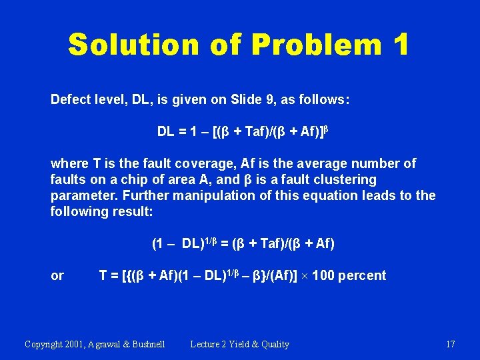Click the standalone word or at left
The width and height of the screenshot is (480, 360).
57,275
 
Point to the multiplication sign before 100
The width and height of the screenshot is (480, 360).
307,276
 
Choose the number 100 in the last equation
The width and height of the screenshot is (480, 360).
325,275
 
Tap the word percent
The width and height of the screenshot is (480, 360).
362,275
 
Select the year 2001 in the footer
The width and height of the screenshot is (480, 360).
80,344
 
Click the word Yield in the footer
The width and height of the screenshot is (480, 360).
239,344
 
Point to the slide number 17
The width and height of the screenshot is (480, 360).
450,344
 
